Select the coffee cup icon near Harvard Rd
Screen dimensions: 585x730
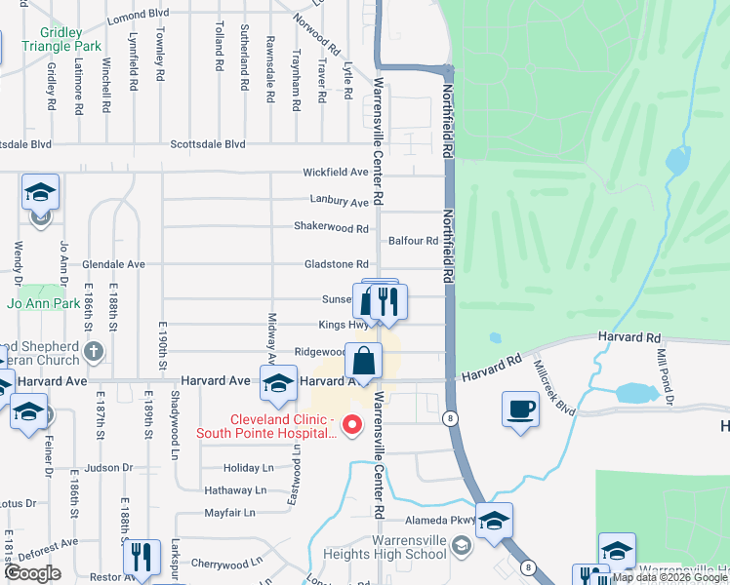[520, 409]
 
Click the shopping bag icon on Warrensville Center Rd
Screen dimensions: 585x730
[363, 361]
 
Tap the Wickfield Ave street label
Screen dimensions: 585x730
[335, 173]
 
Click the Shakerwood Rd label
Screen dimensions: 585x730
[331, 228]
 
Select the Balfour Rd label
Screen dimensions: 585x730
[413, 241]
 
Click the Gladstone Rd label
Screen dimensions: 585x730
[336, 264]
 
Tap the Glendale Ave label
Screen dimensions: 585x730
[113, 264]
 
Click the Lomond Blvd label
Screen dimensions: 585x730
[138, 15]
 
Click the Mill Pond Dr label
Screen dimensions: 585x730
[664, 370]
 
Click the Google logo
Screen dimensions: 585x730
[32, 573]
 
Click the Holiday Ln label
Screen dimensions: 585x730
[244, 468]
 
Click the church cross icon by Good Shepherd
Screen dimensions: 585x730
[93, 351]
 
